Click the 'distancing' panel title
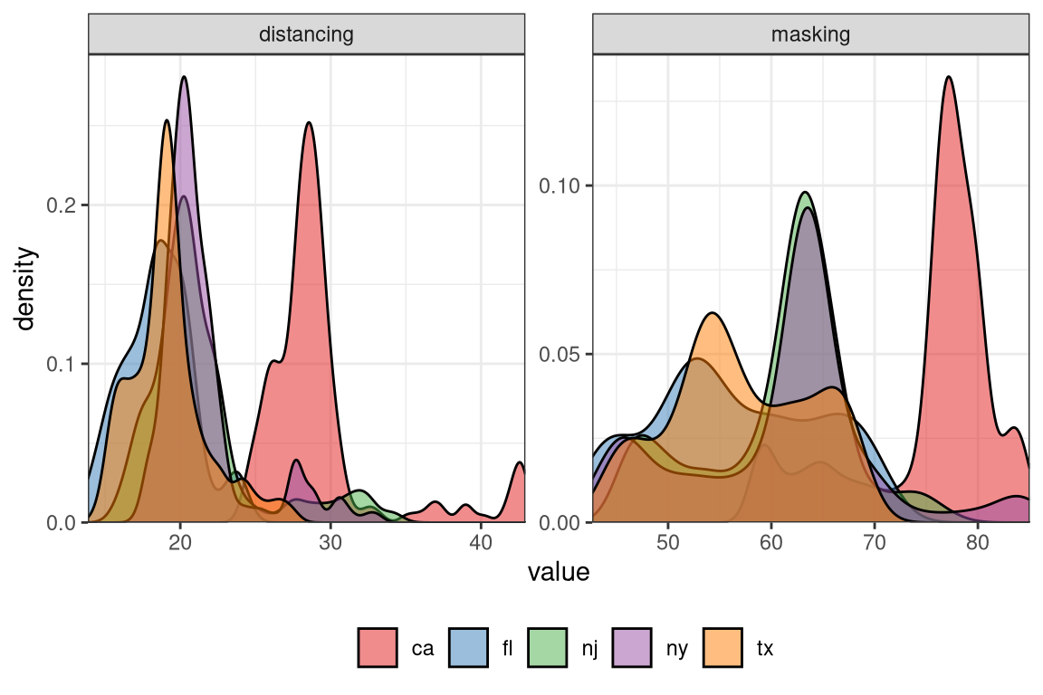pyautogui.click(x=306, y=35)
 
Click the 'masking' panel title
pyautogui.click(x=810, y=35)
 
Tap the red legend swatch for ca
pyautogui.click(x=377, y=648)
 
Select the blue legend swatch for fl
pyautogui.click(x=469, y=648)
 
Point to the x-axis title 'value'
pyautogui.click(x=559, y=573)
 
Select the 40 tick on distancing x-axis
pyautogui.click(x=481, y=542)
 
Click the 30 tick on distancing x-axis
pyautogui.click(x=330, y=542)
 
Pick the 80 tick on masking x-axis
pyautogui.click(x=978, y=542)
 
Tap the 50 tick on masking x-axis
pyautogui.click(x=668, y=542)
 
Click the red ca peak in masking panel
pyautogui.click(x=949, y=79)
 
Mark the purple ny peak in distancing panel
pyautogui.click(x=185, y=79)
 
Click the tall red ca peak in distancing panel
pyautogui.click(x=309, y=125)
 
